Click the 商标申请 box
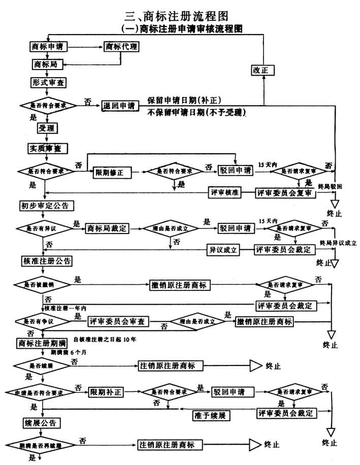[49, 47]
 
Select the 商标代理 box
[121, 47]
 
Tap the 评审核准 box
[224, 193]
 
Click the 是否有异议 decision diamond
[44, 228]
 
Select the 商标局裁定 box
[107, 228]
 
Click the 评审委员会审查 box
[118, 321]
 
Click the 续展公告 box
[40, 423]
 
